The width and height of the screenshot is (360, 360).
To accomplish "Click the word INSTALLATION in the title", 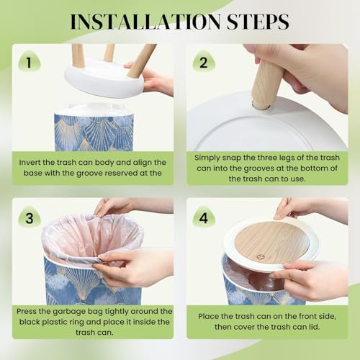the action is (x=145, y=22).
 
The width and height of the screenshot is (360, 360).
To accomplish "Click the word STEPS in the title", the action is (x=258, y=22).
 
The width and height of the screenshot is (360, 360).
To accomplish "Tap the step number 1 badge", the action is (x=29, y=62).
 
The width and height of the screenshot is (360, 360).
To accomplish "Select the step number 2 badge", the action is (x=204, y=62).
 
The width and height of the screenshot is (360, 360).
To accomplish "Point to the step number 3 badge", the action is (x=30, y=218).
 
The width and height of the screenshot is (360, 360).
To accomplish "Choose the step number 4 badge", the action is (x=204, y=218).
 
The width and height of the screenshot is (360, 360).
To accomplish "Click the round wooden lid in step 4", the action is (x=271, y=243).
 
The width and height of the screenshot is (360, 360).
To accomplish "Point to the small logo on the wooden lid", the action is (x=260, y=257).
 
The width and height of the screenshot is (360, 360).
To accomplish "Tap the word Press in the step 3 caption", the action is (x=26, y=312).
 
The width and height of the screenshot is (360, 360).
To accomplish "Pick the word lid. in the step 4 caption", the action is (x=313, y=327).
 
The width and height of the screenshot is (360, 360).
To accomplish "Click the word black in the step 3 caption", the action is (x=30, y=322).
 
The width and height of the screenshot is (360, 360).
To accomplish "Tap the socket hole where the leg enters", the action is (x=261, y=106).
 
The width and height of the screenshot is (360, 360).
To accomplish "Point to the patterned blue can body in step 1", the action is (x=94, y=132).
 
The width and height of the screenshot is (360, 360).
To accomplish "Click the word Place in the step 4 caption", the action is (x=208, y=316).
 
